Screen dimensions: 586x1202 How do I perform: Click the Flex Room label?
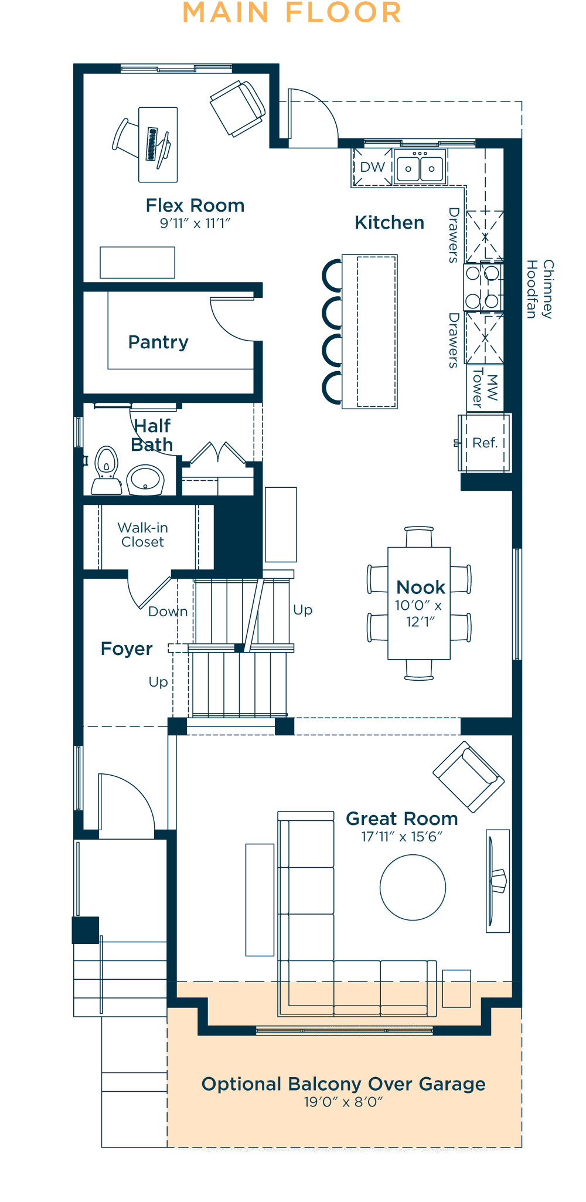click(195, 205)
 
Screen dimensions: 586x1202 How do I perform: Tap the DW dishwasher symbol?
click(372, 168)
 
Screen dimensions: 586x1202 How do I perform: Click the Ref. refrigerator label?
click(485, 443)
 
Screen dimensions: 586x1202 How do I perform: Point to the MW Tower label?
click(485, 387)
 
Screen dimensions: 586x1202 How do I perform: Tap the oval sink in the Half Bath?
click(145, 480)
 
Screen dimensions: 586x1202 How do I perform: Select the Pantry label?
click(158, 342)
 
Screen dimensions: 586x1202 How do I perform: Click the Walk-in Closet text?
click(143, 535)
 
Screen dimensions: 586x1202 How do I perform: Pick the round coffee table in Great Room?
click(413, 887)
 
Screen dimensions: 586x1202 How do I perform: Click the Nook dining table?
click(419, 603)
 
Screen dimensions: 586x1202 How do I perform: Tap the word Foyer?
click(127, 648)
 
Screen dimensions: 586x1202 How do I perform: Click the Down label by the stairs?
click(168, 612)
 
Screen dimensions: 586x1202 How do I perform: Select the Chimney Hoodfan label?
click(540, 289)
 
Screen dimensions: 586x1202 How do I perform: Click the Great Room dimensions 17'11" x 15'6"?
click(402, 837)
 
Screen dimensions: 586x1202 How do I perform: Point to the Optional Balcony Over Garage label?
click(343, 1084)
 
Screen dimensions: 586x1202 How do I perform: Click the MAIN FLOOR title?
click(292, 13)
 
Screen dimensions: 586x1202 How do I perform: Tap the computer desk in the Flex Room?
click(158, 145)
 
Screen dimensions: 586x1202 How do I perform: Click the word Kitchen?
click(390, 223)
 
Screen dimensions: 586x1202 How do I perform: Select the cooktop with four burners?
click(483, 287)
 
